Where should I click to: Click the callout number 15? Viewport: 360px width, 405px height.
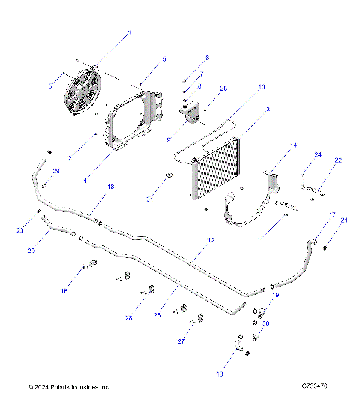(163, 58)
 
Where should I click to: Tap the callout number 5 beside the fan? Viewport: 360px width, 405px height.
(49, 86)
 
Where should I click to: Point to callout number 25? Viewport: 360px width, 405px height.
(223, 88)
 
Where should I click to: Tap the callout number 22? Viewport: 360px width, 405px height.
(338, 160)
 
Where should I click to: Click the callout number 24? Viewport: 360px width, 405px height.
(318, 154)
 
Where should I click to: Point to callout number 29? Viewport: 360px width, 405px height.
(55, 172)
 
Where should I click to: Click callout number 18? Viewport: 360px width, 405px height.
(111, 187)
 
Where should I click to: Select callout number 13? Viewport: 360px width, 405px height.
(219, 373)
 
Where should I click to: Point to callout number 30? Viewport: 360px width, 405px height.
(266, 323)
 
